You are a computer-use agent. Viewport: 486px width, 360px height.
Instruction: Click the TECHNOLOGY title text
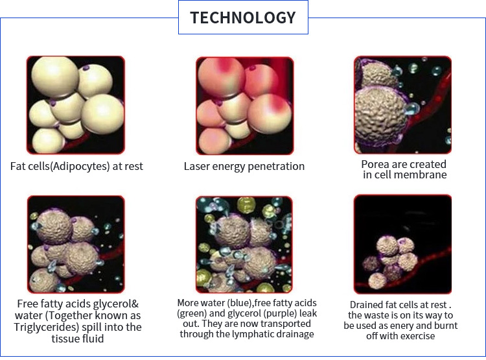(x=243, y=18)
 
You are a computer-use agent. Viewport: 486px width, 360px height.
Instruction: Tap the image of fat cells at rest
(x=76, y=105)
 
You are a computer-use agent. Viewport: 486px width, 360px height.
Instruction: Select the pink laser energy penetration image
(x=244, y=106)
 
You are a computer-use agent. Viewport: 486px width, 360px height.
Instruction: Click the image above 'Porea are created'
(x=402, y=105)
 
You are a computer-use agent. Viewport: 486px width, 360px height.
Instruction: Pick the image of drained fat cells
(x=402, y=245)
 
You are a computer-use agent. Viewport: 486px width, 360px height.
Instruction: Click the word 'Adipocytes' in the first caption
(x=80, y=166)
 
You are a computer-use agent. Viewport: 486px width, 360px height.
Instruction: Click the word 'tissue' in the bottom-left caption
(x=64, y=339)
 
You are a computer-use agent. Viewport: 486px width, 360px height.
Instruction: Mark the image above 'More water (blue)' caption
(x=244, y=245)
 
